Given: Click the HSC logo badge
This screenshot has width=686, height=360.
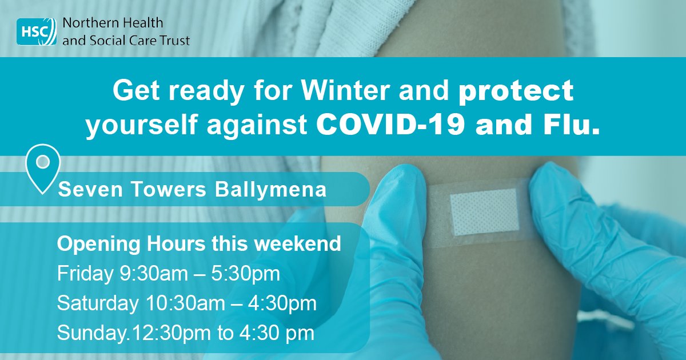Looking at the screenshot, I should pos(35,31).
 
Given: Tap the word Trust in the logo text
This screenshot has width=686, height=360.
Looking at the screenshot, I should pos(176,40).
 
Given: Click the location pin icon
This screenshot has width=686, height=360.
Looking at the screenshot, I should pos(42,166).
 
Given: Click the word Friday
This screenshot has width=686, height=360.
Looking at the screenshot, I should pos(78,274).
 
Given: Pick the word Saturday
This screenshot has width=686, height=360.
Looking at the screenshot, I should pos(94,303).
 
